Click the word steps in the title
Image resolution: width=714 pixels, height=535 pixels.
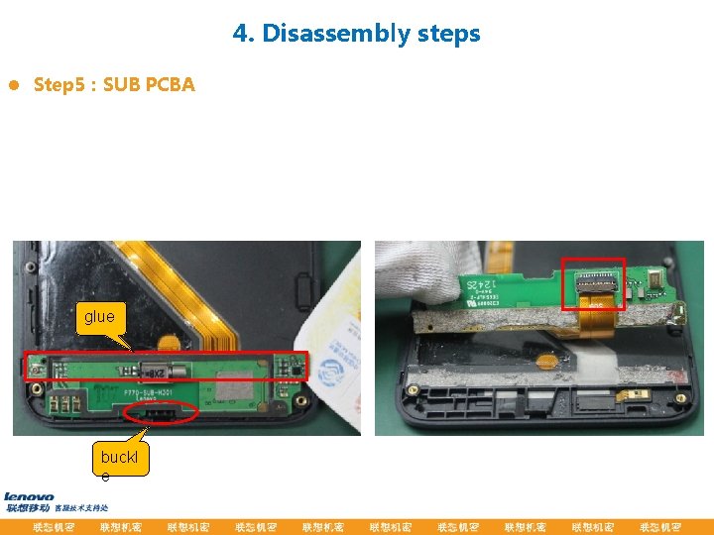tap(448, 34)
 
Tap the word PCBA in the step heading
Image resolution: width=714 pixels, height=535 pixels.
tap(170, 85)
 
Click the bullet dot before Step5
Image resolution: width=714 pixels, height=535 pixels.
tap(13, 85)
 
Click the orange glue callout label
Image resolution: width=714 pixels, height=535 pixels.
tap(99, 317)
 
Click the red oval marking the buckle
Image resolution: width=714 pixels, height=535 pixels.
tap(162, 411)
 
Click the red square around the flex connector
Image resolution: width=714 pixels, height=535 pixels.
tap(593, 284)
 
